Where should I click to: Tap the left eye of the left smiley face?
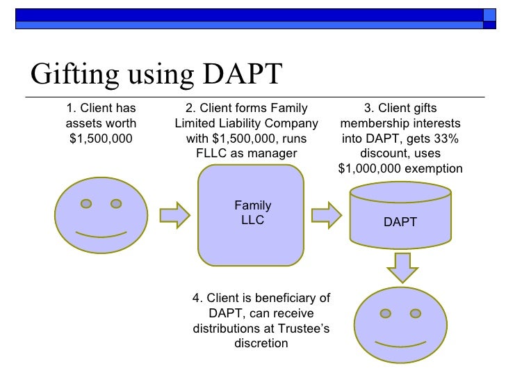coord(86,204)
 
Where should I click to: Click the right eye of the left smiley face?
coord(116,204)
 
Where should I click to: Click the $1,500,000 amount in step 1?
coord(101,138)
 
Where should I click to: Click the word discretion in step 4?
coord(261,343)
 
